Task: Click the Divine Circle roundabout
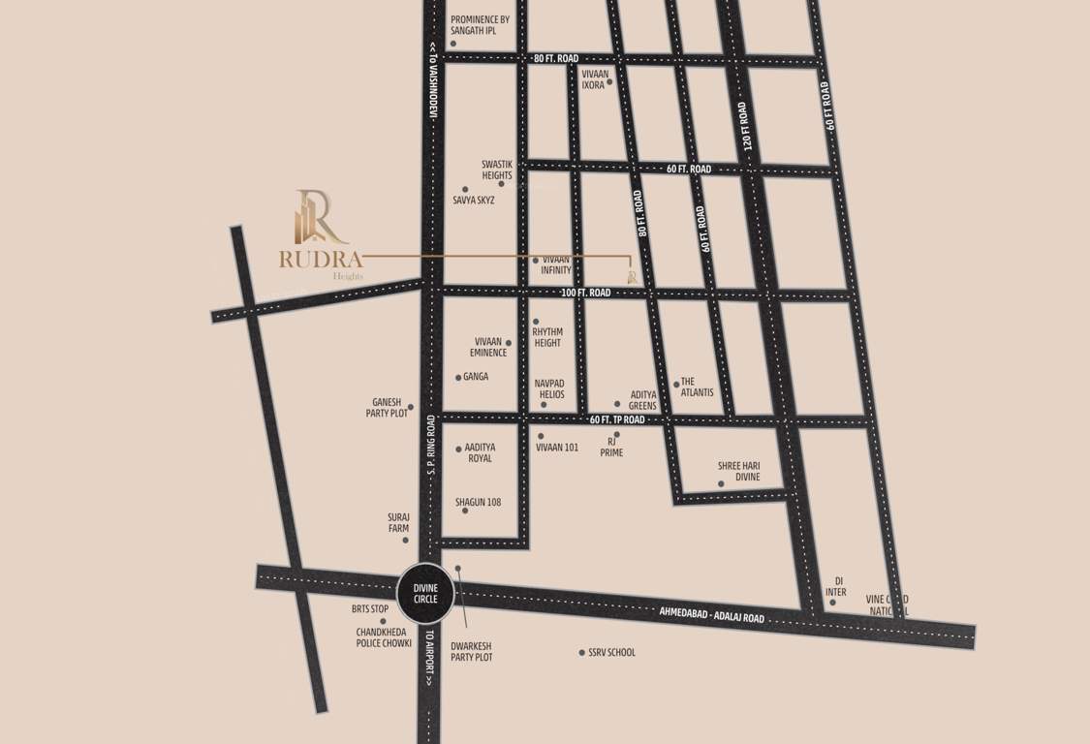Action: [426, 593]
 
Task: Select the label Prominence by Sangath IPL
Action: [480, 25]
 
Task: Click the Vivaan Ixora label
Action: [593, 78]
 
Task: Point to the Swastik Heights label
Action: [496, 170]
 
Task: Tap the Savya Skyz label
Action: [474, 200]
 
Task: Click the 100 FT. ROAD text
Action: [585, 293]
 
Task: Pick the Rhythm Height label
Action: [547, 337]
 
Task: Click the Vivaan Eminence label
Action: [488, 347]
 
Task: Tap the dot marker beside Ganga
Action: [458, 377]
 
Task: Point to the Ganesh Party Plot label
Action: [387, 408]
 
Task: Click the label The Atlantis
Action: [697, 387]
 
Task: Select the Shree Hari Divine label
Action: [738, 472]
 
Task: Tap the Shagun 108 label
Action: [478, 503]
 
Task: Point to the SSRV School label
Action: [611, 653]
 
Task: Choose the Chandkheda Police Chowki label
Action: [384, 636]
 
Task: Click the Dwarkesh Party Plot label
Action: [472, 651]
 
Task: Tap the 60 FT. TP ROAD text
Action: [616, 419]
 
